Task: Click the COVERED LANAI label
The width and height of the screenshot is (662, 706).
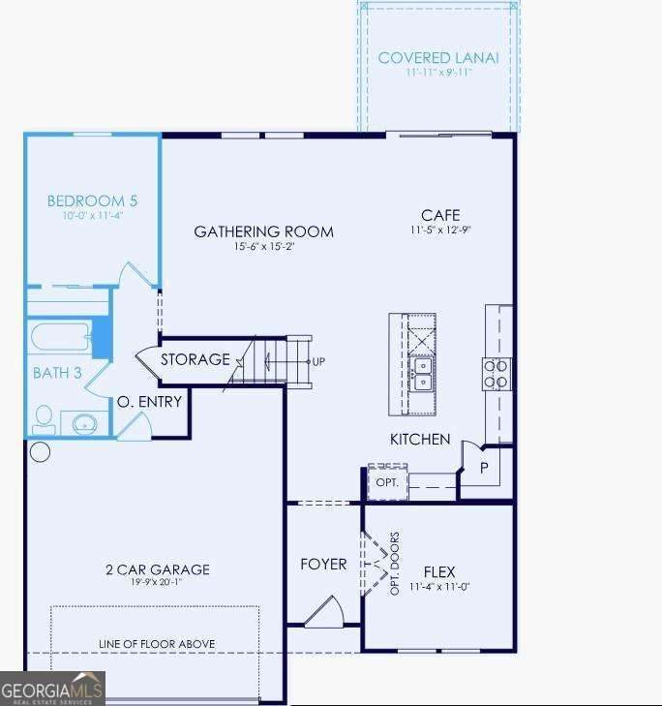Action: pos(438,58)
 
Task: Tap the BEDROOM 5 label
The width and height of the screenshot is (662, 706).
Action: pos(92,200)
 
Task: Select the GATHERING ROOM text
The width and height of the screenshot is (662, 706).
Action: pos(263,231)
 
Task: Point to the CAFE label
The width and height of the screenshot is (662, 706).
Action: pos(440,215)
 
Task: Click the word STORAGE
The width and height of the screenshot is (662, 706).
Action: pos(196,359)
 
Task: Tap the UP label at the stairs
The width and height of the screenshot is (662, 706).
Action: pos(318,361)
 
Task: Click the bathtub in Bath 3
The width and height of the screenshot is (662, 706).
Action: pos(61,335)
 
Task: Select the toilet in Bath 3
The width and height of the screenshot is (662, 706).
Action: pos(45,419)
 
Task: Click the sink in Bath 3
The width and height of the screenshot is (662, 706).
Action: pos(84,423)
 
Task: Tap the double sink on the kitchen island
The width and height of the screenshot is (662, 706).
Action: pos(423,374)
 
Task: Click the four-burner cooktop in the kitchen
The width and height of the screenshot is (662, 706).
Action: pos(496,374)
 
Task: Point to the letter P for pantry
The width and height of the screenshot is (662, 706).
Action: pos(484,469)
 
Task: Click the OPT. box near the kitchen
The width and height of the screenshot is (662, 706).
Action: pos(387,481)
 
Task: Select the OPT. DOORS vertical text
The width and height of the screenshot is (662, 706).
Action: pos(395,564)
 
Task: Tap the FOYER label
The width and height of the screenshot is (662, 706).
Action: pos(323,565)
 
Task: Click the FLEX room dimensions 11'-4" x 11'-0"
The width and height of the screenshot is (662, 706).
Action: pos(439,587)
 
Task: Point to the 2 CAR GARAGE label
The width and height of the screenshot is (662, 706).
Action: pos(158,569)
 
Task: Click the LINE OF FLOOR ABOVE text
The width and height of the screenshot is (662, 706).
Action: pos(157,644)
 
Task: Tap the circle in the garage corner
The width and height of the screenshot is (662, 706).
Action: pos(40,452)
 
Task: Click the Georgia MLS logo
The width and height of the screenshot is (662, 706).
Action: pos(52,689)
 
